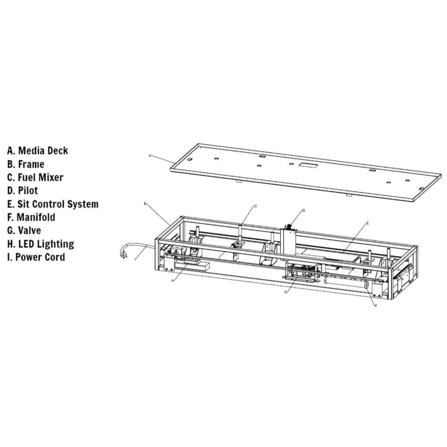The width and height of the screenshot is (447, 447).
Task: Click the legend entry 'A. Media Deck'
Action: tap(37, 151)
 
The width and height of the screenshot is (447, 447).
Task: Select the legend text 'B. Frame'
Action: tap(26, 164)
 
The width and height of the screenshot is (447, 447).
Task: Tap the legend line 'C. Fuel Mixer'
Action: tap(35, 178)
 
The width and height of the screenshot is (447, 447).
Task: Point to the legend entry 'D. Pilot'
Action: tap(23, 191)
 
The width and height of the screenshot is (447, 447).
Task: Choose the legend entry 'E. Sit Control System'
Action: tap(53, 204)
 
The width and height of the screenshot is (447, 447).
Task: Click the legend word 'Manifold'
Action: tap(36, 217)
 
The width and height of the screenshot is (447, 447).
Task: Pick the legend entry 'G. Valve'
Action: tap(24, 231)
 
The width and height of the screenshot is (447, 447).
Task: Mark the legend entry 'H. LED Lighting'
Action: tap(41, 244)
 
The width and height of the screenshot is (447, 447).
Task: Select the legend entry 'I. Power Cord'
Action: tap(36, 257)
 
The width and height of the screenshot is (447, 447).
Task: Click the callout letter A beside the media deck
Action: tap(150, 156)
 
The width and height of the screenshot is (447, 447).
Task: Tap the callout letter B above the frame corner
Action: tap(145, 204)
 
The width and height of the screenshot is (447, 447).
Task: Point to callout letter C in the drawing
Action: tap(255, 205)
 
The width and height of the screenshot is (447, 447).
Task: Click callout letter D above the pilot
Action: tap(304, 210)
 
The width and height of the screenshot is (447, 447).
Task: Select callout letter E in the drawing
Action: tap(367, 223)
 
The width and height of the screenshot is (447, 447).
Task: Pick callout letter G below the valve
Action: tap(286, 291)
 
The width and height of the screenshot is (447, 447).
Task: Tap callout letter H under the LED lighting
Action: tap(173, 281)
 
